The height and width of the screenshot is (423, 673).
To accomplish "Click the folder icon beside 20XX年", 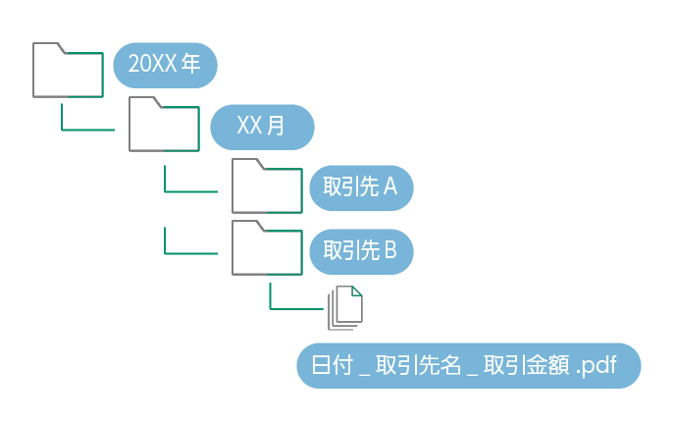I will (68, 71).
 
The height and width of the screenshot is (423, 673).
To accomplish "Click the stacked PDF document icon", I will (346, 307).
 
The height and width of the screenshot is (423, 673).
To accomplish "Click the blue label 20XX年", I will (165, 66).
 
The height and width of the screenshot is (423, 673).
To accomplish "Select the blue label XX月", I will (262, 126).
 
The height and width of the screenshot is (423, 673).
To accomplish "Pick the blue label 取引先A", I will (361, 187).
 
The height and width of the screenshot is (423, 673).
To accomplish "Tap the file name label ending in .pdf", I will (469, 366).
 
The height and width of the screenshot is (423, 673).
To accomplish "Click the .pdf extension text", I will (597, 366).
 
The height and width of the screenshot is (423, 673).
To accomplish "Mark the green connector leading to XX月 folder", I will (83, 130).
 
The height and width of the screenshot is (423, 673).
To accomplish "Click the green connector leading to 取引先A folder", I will (186, 190).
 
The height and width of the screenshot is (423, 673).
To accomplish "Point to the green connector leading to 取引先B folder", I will (186, 252).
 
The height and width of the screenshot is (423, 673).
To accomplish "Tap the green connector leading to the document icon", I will (292, 308).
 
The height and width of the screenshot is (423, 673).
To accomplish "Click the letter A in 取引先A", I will (389, 187).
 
